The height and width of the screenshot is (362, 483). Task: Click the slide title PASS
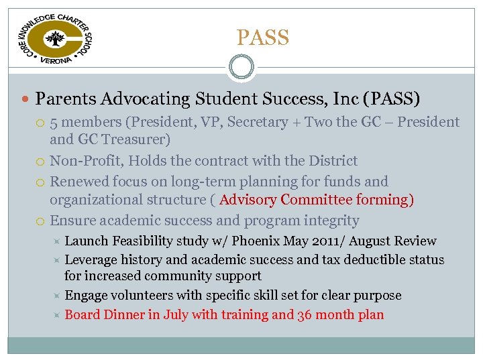click(263, 38)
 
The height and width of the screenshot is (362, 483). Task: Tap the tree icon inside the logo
click(55, 38)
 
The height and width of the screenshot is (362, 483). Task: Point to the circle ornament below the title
click(241, 68)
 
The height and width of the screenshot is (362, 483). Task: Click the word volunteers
click(143, 296)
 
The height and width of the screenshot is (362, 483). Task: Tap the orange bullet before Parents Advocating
click(25, 100)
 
